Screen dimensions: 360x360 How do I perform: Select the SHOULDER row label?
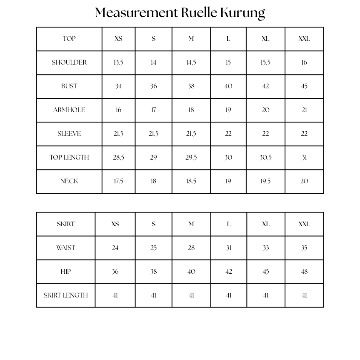pyautogui.click(x=69, y=62)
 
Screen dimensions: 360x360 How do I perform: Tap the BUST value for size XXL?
pyautogui.click(x=304, y=86)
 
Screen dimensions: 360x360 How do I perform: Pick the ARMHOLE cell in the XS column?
pyautogui.click(x=118, y=110)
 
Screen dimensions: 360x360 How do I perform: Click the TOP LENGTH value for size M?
pyautogui.click(x=191, y=157)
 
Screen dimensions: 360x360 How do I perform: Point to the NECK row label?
pyautogui.click(x=69, y=181)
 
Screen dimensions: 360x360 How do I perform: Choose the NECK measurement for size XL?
pyautogui.click(x=265, y=181)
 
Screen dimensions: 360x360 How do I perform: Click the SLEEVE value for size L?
pyautogui.click(x=228, y=134)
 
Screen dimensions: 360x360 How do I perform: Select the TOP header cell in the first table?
pyautogui.click(x=69, y=39)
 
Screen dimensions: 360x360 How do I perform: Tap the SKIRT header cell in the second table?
pyautogui.click(x=66, y=224)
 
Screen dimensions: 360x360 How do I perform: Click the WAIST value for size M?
pyautogui.click(x=191, y=248)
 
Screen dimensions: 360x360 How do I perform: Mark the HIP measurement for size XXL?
pyautogui.click(x=304, y=272)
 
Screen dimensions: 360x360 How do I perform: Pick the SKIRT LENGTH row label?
pyautogui.click(x=66, y=295)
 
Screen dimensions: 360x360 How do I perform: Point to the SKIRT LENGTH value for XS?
pyautogui.click(x=115, y=295)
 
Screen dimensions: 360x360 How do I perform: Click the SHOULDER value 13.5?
pyautogui.click(x=118, y=62)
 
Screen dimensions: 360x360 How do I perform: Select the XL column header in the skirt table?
pyautogui.click(x=266, y=224)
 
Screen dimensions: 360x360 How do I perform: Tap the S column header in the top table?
pyautogui.click(x=153, y=39)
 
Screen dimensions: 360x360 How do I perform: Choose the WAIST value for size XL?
pyautogui.click(x=266, y=248)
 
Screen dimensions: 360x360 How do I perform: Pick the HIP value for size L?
pyautogui.click(x=229, y=272)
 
